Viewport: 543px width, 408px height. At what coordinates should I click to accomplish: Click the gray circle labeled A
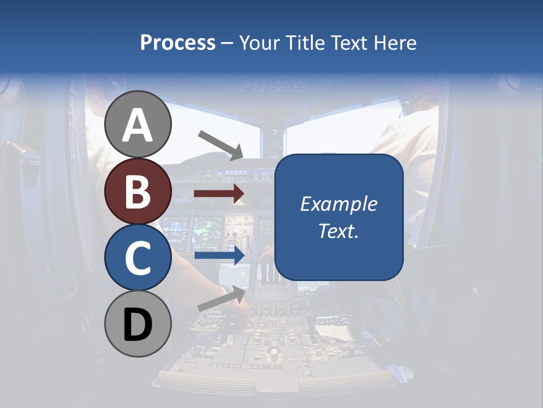tap(138, 124)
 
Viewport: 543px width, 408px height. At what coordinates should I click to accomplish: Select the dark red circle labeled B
tap(138, 191)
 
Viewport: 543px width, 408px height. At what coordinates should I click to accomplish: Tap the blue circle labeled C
tap(138, 257)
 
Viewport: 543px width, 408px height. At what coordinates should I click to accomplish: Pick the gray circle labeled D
tap(138, 324)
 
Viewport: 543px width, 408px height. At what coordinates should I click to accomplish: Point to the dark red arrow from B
tap(219, 194)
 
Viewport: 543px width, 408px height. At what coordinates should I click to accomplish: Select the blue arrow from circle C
tap(219, 256)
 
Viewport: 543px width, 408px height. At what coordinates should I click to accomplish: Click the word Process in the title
tap(178, 42)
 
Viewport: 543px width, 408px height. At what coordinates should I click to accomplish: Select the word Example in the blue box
tap(338, 204)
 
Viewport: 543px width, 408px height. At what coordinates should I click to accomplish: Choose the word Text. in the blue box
tap(338, 231)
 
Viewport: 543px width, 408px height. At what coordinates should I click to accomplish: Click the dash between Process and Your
tap(227, 43)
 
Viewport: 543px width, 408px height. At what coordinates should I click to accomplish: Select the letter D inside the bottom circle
tap(138, 325)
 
